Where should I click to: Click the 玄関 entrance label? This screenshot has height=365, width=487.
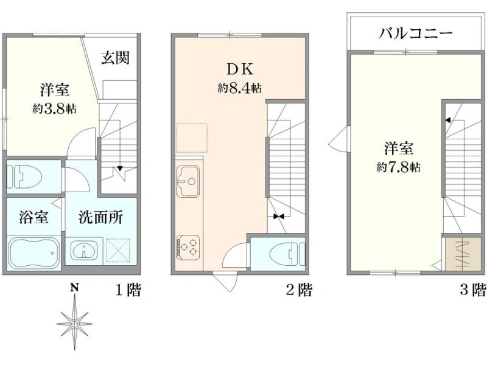[x=115, y=57]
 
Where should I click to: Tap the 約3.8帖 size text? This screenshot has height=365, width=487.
[x=55, y=109]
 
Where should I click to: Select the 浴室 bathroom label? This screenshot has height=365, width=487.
[x=33, y=217]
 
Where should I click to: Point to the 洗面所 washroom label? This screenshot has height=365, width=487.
[x=100, y=217]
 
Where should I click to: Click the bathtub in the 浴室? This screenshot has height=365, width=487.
[x=34, y=253]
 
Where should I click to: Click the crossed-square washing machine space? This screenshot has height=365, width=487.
[x=118, y=251]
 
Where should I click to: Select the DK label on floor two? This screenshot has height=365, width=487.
[x=240, y=69]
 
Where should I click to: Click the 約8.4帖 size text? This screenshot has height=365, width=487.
[x=239, y=88]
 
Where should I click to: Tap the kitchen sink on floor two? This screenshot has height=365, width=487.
[x=188, y=181]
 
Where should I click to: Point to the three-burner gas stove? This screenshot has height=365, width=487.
[x=188, y=247]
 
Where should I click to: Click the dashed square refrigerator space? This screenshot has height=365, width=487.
[x=192, y=138]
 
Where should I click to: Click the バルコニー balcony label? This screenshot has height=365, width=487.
[x=416, y=33]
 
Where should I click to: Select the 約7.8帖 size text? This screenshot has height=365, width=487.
[x=399, y=168]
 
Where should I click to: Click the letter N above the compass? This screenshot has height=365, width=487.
[x=74, y=287]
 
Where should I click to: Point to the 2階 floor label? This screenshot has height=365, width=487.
[x=299, y=290]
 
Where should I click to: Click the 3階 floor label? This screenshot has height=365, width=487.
[x=473, y=290]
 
